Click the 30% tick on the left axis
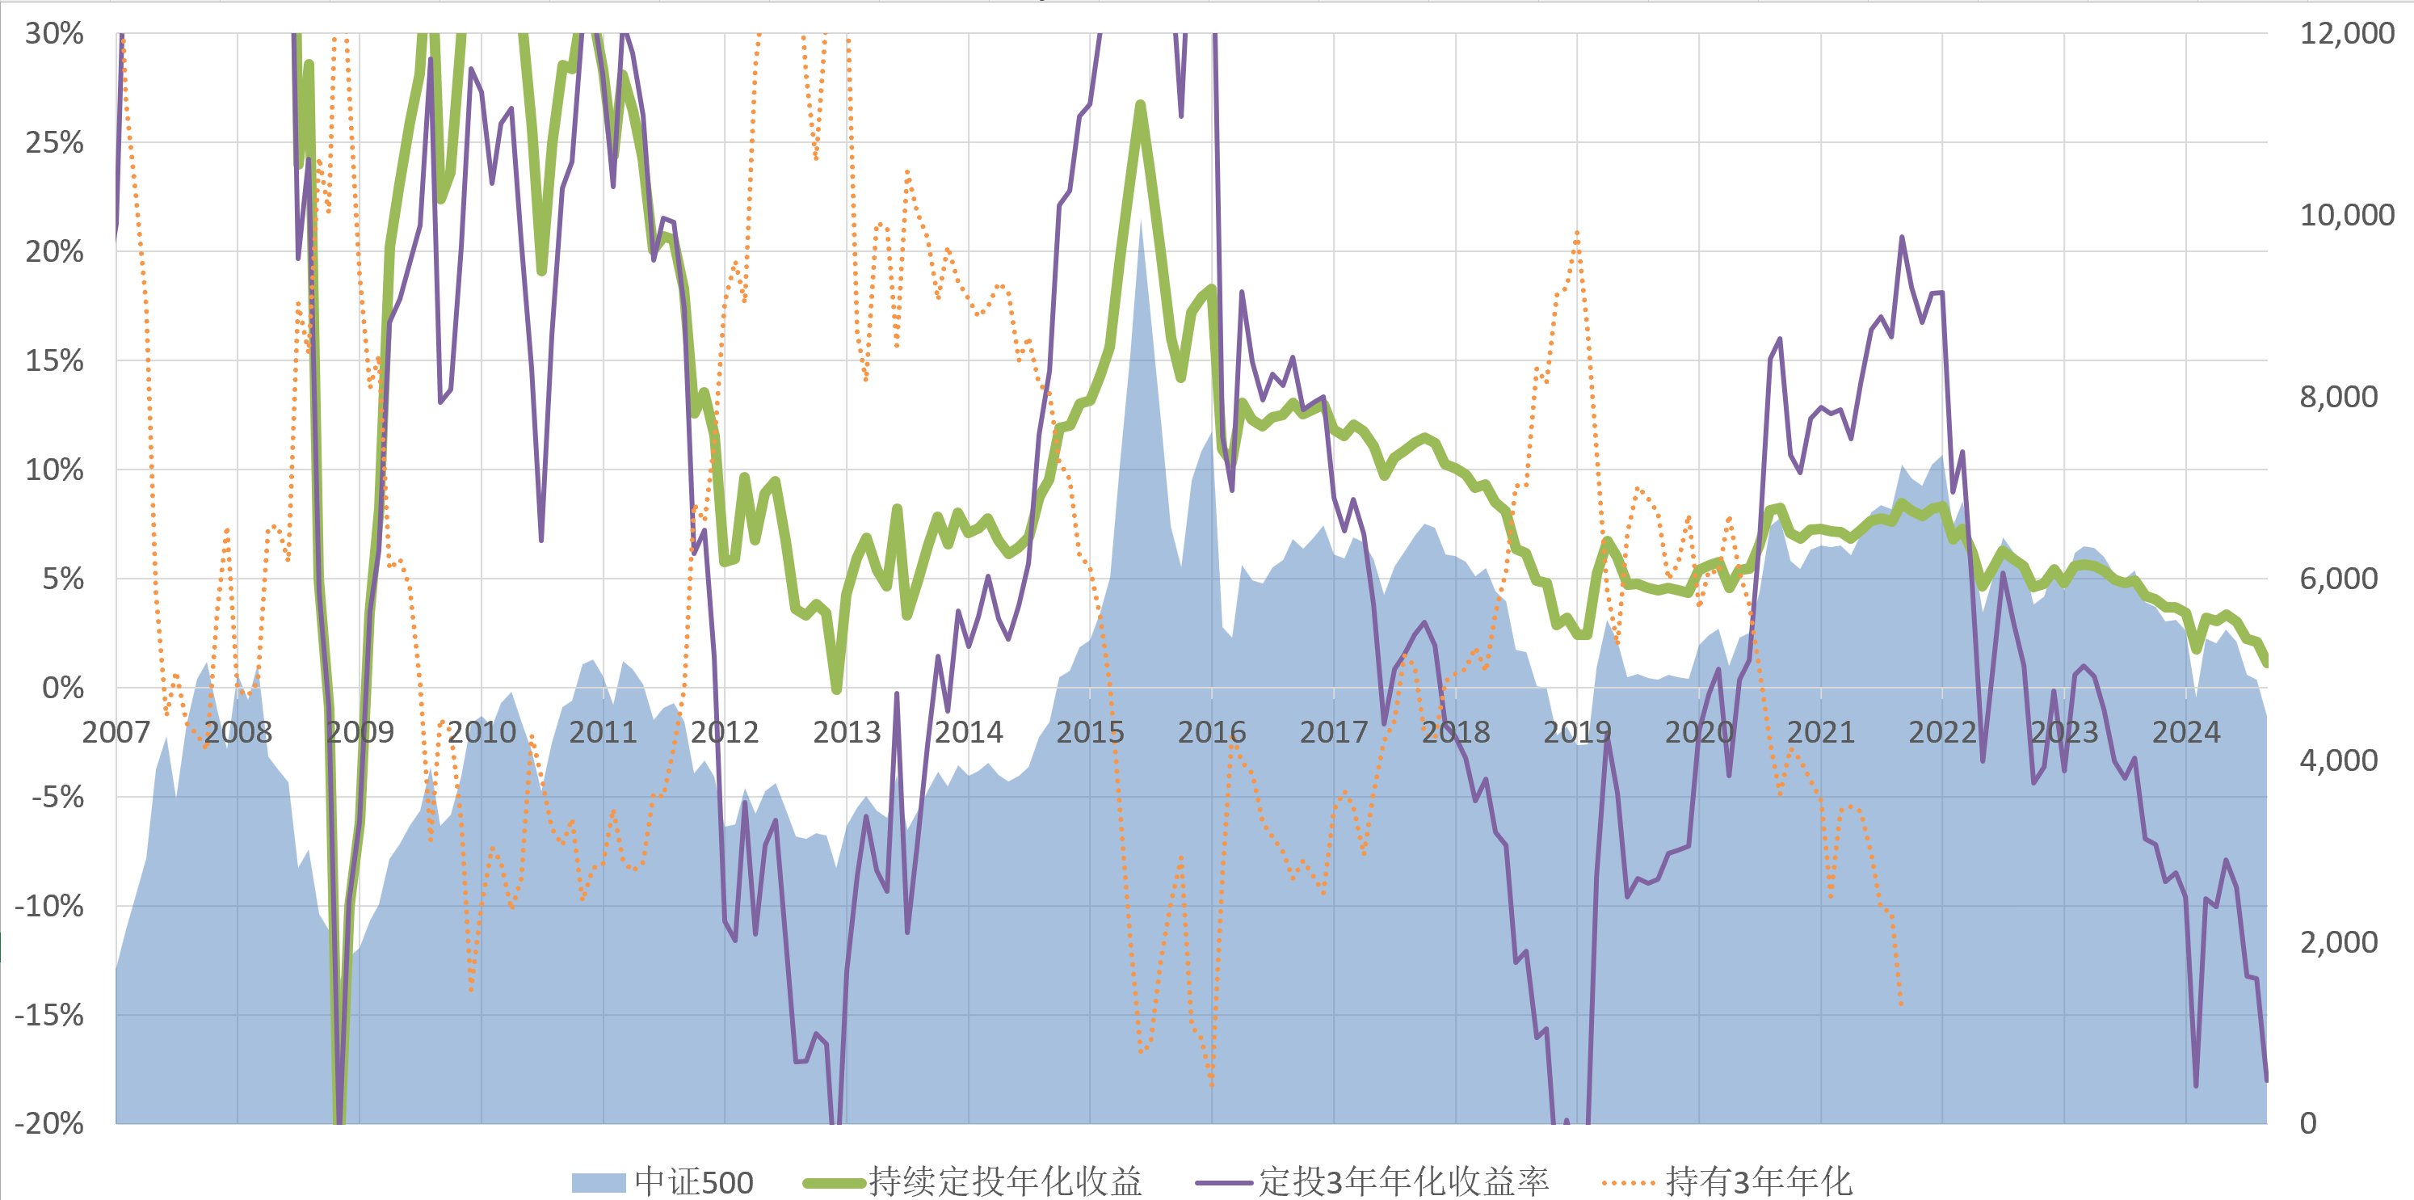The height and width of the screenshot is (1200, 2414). pyautogui.click(x=54, y=34)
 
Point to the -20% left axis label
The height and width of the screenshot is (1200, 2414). pyautogui.click(x=48, y=1123)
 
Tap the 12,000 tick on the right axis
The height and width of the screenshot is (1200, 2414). pyautogui.click(x=2346, y=34)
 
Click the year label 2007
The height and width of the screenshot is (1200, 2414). pyautogui.click(x=116, y=732)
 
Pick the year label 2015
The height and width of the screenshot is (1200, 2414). pyautogui.click(x=1090, y=732)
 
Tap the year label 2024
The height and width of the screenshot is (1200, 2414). pyautogui.click(x=2185, y=732)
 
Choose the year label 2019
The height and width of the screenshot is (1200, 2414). pyautogui.click(x=1577, y=732)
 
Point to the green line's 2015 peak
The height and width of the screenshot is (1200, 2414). pyautogui.click(x=1141, y=104)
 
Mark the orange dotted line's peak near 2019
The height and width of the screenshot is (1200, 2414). pyautogui.click(x=1577, y=232)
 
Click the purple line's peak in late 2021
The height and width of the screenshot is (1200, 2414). pyautogui.click(x=1902, y=238)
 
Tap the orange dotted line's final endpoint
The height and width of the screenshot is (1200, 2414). pyautogui.click(x=1902, y=1006)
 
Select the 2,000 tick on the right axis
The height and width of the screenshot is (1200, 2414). pyautogui.click(x=2338, y=942)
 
